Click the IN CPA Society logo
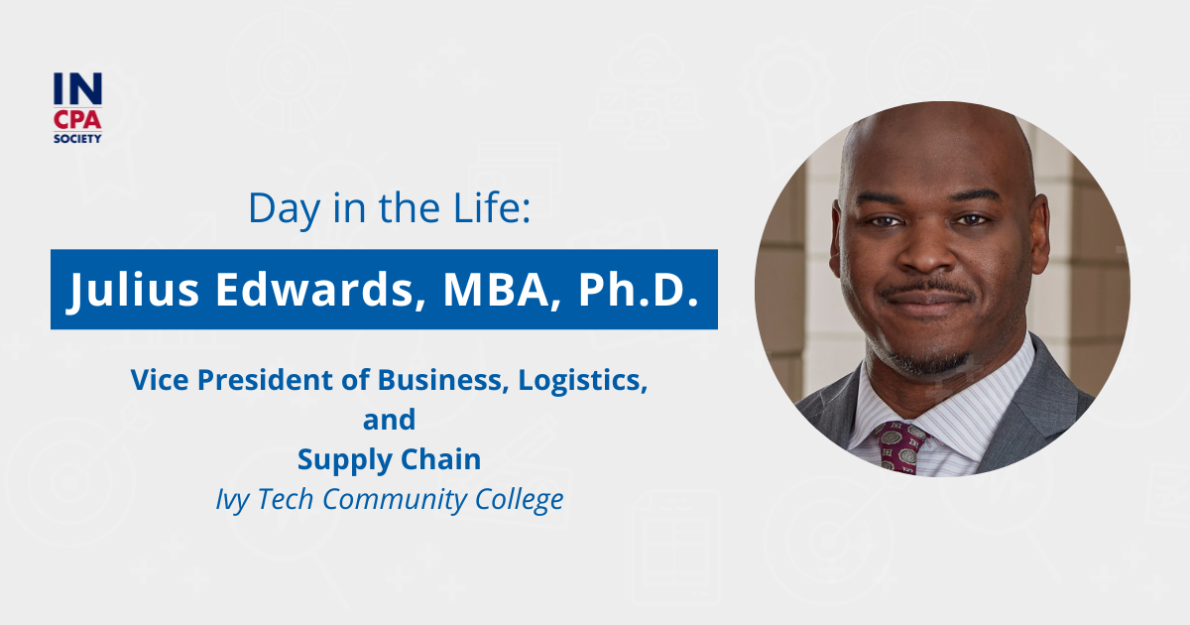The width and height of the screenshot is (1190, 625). pos(77,107)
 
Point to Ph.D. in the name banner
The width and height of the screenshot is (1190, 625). pos(627,289)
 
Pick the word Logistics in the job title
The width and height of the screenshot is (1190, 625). pos(582,379)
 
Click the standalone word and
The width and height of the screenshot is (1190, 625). pos(389,420)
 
